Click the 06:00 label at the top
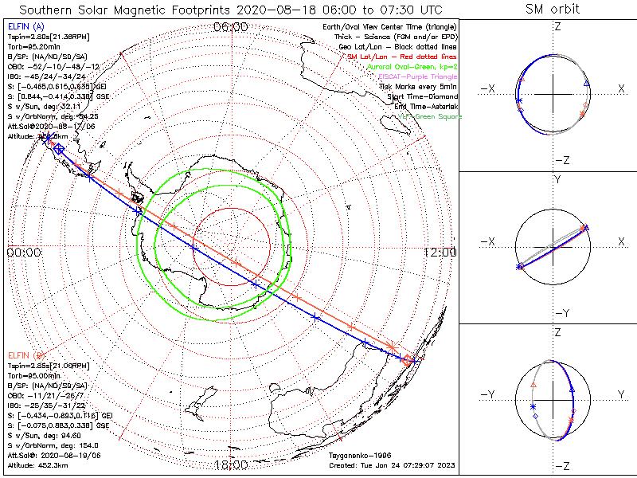(231, 27)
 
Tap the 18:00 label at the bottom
(231, 464)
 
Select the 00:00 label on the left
(24, 252)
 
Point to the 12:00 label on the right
(440, 252)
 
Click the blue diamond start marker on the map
(58, 149)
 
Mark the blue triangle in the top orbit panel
(587, 83)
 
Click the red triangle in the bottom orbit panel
(533, 384)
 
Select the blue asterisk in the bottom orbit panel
(533, 407)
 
